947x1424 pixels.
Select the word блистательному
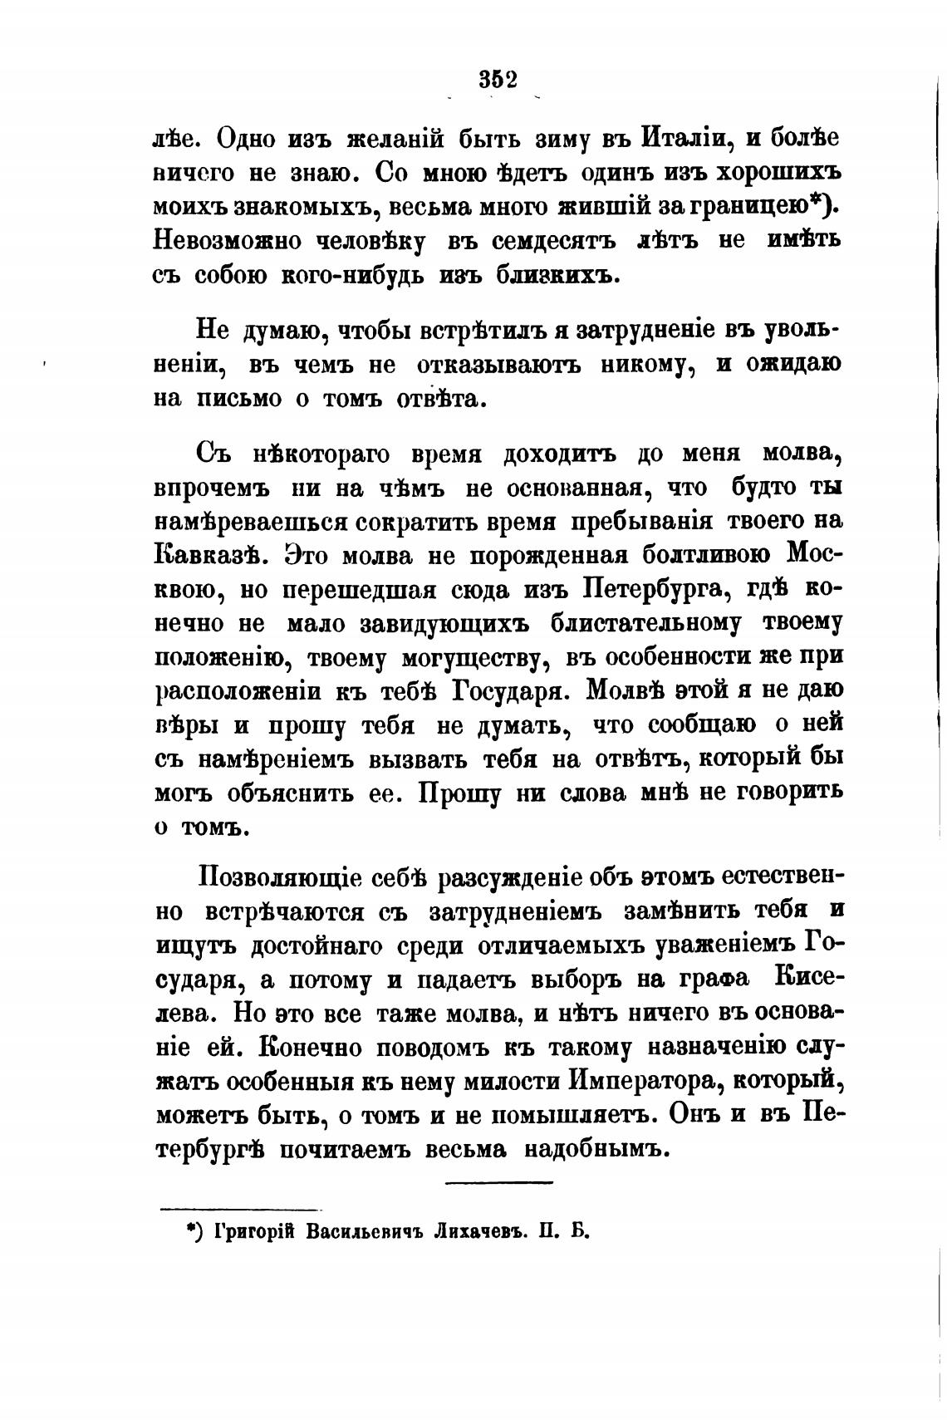655,623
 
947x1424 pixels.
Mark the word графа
719,979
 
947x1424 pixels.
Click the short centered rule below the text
498,1182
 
